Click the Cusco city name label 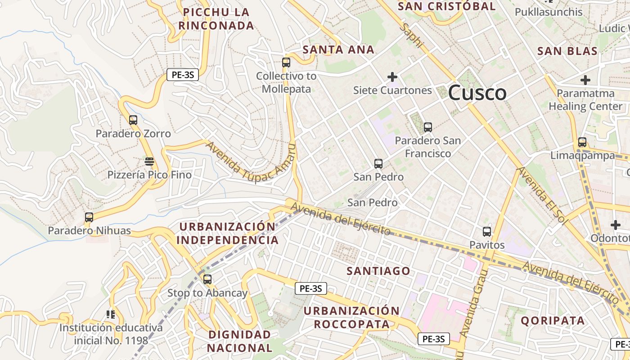pyautogui.click(x=477, y=93)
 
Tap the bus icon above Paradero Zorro pyautogui.click(x=133, y=120)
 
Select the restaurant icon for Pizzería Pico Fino pyautogui.click(x=149, y=161)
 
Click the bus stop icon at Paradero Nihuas pyautogui.click(x=89, y=217)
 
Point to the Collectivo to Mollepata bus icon pyautogui.click(x=286, y=63)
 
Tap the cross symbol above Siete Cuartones pyautogui.click(x=392, y=77)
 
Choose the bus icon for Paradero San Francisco pyautogui.click(x=427, y=127)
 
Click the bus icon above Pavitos pyautogui.click(x=487, y=232)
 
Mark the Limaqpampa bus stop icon pyautogui.click(x=582, y=142)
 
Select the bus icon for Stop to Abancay pyautogui.click(x=207, y=279)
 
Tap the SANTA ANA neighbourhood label pyautogui.click(x=338, y=49)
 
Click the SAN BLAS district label pyautogui.click(x=567, y=51)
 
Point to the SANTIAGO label pyautogui.click(x=378, y=271)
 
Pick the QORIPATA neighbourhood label pyautogui.click(x=553, y=321)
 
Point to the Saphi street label pyautogui.click(x=412, y=36)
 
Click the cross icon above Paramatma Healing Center pyautogui.click(x=585, y=81)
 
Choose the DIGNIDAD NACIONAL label pyautogui.click(x=239, y=341)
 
